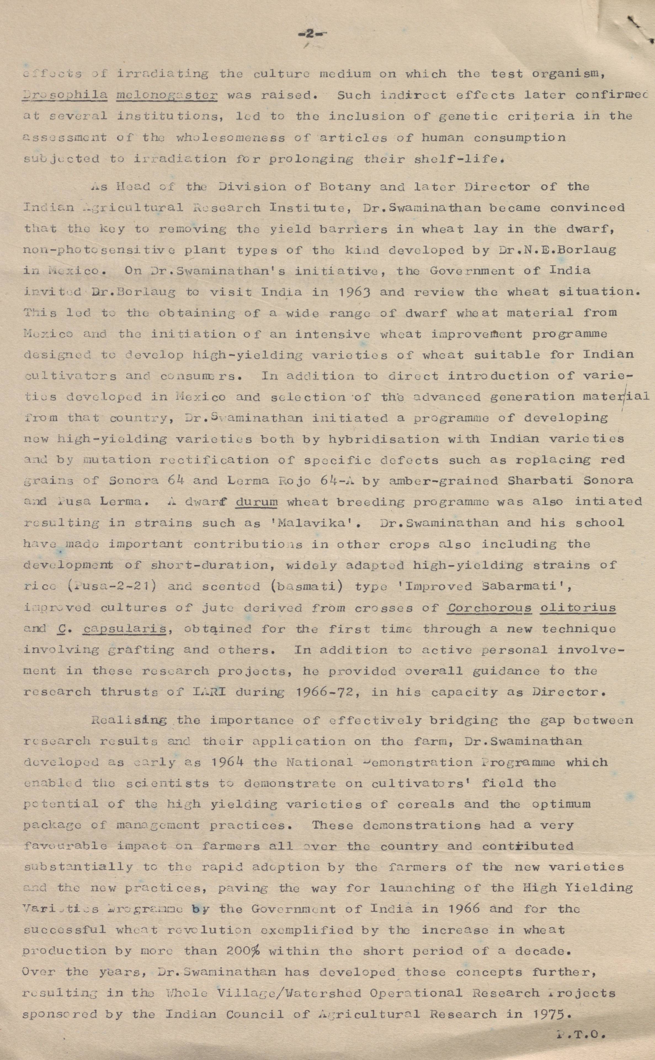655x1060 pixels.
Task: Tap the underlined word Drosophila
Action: tap(65, 95)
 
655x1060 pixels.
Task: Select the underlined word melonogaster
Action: tap(167, 95)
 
